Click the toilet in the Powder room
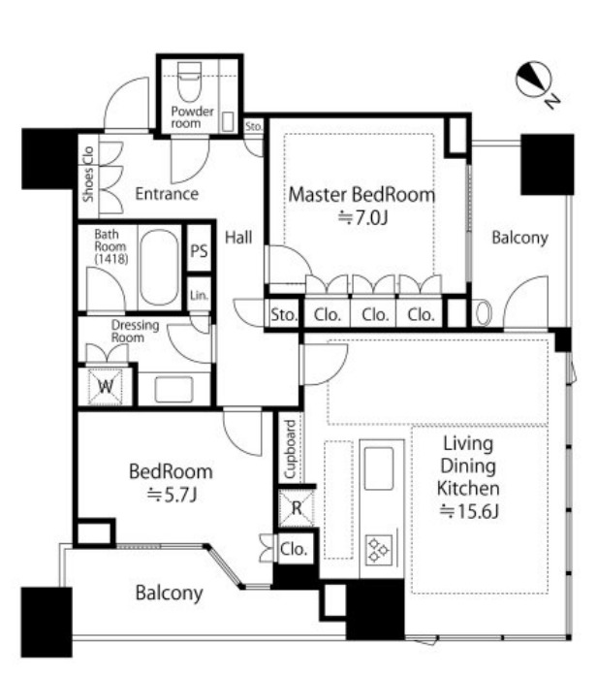[x=189, y=81]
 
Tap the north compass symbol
[x=534, y=80]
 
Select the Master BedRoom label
[x=361, y=194]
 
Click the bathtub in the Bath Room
[x=159, y=268]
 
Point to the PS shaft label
[x=199, y=251]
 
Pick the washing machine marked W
[x=106, y=386]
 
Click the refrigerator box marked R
[x=297, y=508]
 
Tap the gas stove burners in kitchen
[x=379, y=549]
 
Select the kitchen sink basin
[x=379, y=468]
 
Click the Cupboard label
[x=291, y=449]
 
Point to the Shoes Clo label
[x=88, y=175]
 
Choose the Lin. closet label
[x=199, y=295]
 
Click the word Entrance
[x=167, y=194]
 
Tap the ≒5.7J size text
[x=172, y=495]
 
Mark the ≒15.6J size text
[x=469, y=511]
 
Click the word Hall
[x=238, y=237]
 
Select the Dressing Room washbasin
[x=174, y=389]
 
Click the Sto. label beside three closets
[x=284, y=314]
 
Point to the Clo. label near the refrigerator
[x=294, y=549]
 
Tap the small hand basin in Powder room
[x=228, y=121]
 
